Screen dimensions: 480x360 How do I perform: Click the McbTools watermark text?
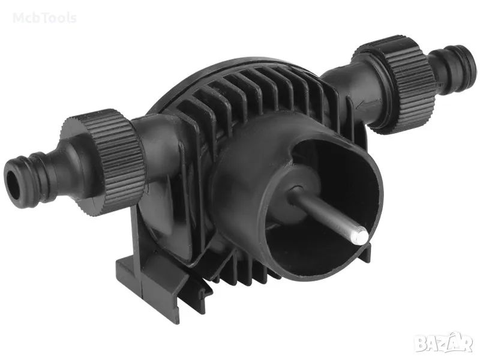coord(44,18)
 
